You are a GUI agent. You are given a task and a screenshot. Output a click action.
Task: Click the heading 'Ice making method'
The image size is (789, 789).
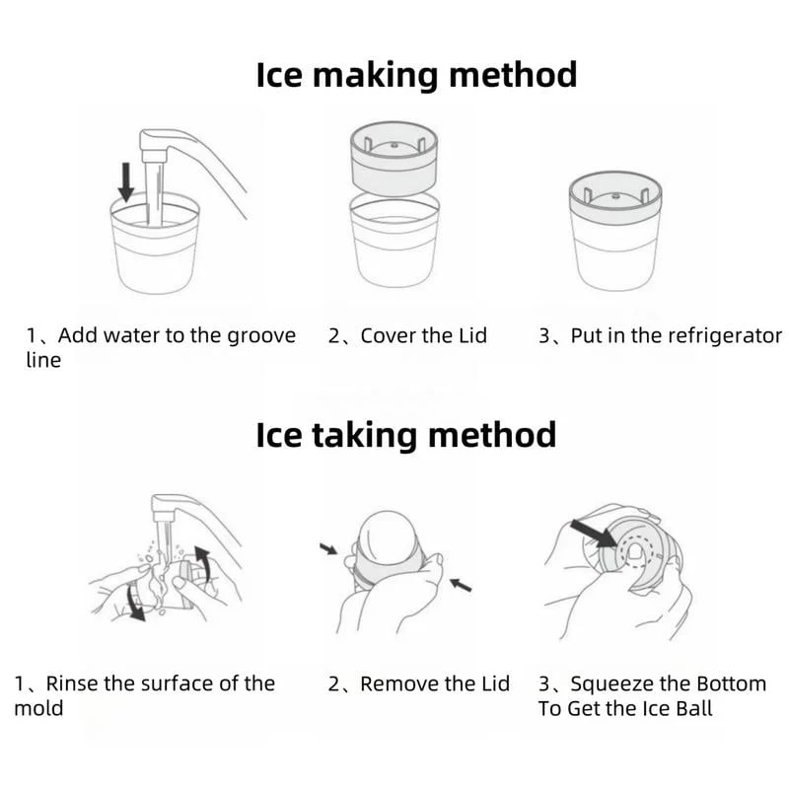(416, 76)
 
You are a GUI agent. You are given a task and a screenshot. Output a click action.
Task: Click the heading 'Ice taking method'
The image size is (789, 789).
(406, 435)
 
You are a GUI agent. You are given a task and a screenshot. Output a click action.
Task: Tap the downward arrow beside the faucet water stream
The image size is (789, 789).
(126, 181)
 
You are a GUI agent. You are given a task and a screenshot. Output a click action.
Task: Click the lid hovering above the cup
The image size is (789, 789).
(394, 158)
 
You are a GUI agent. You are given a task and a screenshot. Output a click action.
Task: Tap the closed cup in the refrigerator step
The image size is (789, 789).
(614, 231)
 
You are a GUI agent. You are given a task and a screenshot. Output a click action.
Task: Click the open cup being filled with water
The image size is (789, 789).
(155, 244)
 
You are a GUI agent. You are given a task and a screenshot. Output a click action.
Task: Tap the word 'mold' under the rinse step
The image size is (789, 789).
(38, 708)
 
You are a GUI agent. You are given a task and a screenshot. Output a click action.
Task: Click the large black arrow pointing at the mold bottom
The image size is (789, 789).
(594, 534)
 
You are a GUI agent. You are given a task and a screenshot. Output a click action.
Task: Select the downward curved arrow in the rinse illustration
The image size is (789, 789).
(134, 602)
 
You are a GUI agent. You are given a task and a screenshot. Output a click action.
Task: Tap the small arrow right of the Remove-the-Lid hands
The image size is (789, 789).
(461, 585)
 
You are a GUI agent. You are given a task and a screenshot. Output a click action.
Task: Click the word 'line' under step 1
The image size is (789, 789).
(43, 360)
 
